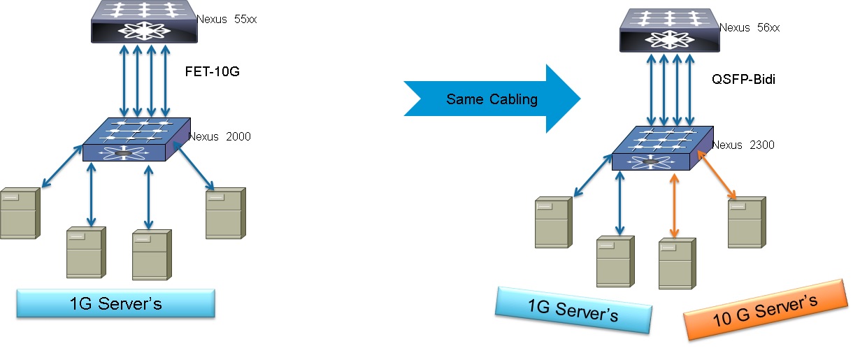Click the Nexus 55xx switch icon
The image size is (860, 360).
coord(143,22)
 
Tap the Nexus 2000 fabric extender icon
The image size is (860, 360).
coord(135,142)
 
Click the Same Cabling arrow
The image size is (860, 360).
coord(492,99)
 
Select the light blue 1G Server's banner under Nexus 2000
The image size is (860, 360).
coord(115,304)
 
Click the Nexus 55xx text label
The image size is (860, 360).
coord(227,19)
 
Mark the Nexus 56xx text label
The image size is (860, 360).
coord(749,27)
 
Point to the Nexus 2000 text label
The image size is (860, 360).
coord(220,136)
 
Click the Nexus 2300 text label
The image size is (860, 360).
coord(743,145)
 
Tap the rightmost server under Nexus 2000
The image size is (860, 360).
coord(225,213)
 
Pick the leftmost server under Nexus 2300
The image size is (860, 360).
coord(553,222)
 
